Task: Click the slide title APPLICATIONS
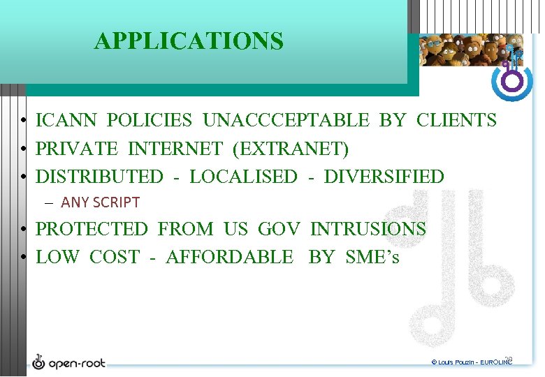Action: [x=189, y=41]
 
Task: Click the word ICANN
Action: [x=67, y=121]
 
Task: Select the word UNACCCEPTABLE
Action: [x=286, y=121]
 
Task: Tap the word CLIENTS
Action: [x=456, y=121]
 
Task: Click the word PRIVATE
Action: [x=76, y=149]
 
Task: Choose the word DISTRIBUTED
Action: [x=99, y=177]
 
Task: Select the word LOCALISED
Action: [x=243, y=177]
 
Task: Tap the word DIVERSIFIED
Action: [x=384, y=177]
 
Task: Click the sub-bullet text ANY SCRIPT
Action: [x=101, y=202]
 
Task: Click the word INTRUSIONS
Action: [x=368, y=229]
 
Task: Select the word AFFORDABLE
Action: [x=230, y=257]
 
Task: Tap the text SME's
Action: [x=372, y=257]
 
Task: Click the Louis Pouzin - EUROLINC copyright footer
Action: [x=472, y=362]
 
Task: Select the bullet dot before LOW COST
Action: [x=23, y=258]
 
